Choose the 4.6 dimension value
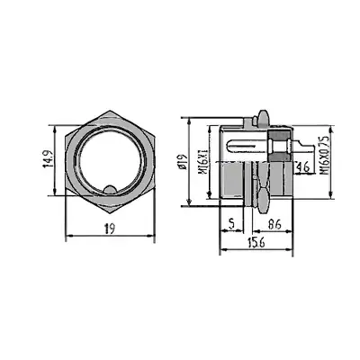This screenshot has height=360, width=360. (302, 166)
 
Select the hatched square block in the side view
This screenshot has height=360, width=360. (282, 145)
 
